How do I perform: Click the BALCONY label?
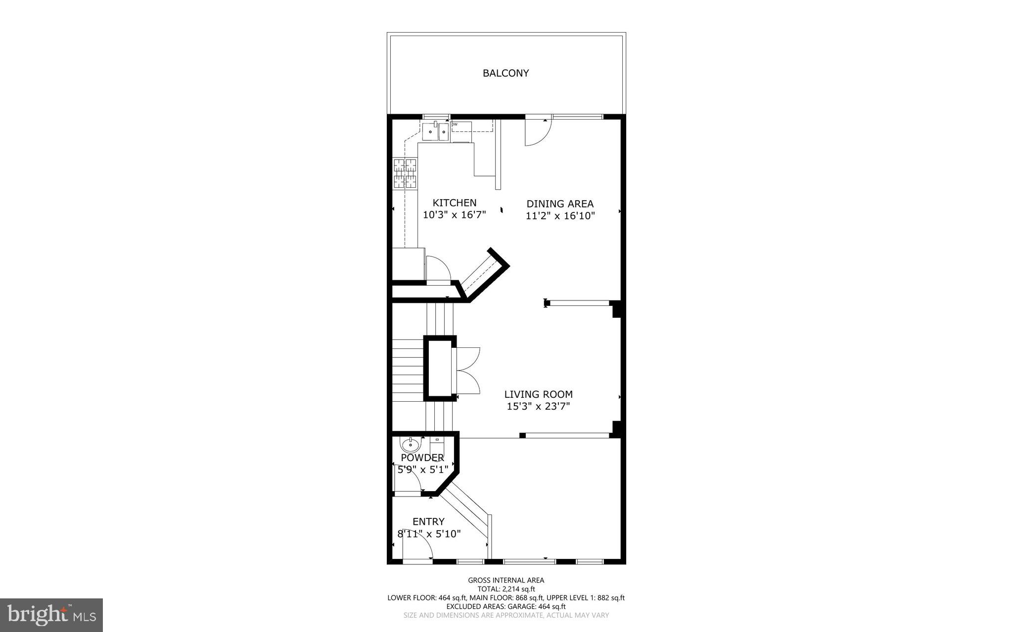coord(506,73)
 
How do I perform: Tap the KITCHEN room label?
coord(454,203)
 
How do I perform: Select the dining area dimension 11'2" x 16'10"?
coord(559,216)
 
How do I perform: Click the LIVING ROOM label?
coord(538,394)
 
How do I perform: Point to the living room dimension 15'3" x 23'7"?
coord(538,407)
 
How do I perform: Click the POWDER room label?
coord(422,458)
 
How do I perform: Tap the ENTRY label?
coord(428,522)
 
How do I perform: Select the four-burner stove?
coord(404,173)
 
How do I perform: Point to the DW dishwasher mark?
coord(454,125)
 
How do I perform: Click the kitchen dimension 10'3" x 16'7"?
coord(454,215)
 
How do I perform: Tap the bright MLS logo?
coord(51,615)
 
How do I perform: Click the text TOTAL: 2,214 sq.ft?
coord(506,589)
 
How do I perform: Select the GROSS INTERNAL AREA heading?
coord(506,580)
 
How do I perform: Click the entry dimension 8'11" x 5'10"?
coord(429,534)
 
